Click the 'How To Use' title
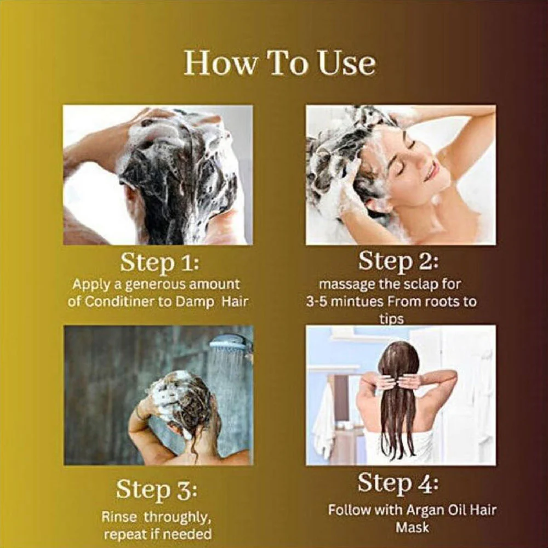click(x=279, y=63)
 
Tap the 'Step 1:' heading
click(x=159, y=262)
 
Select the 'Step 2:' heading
click(x=398, y=261)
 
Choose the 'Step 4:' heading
click(x=398, y=483)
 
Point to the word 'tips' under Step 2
click(x=391, y=319)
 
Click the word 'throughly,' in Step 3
click(x=178, y=517)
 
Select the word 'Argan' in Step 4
click(x=425, y=511)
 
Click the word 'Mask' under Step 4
click(x=412, y=527)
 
